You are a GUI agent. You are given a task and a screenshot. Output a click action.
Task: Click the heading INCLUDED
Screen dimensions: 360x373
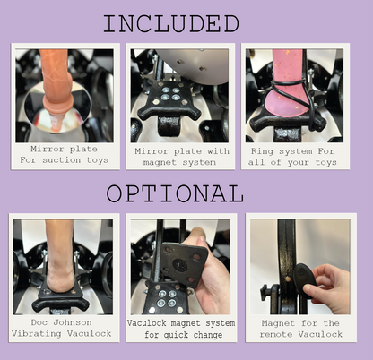pyautogui.click(x=170, y=23)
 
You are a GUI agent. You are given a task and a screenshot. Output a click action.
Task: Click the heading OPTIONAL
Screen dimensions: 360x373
pyautogui.click(x=175, y=194)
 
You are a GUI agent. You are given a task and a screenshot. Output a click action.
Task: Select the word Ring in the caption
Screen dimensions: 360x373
pyautogui.click(x=265, y=150)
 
